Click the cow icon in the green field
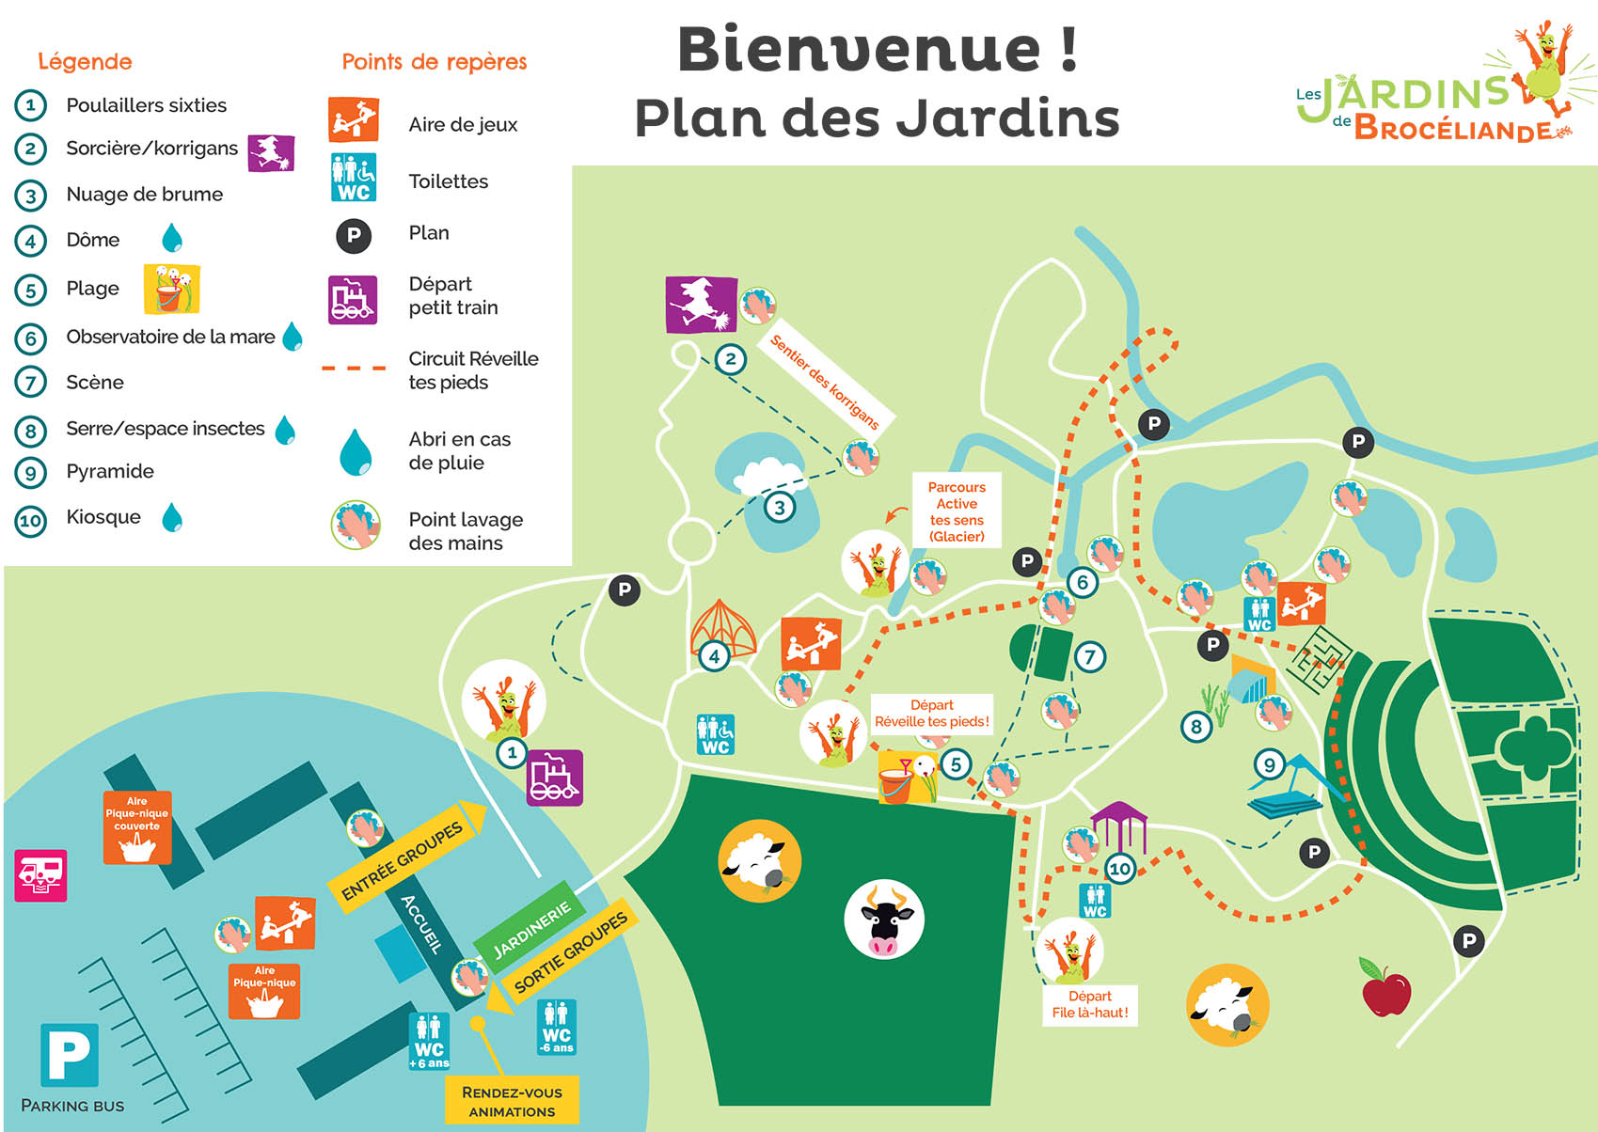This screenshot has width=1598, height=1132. click(x=884, y=919)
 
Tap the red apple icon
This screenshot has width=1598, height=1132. click(x=1385, y=987)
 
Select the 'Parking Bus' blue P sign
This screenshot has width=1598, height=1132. click(x=70, y=1055)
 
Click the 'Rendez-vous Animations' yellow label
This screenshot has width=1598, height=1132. click(x=512, y=1101)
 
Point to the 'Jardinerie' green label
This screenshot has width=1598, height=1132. click(x=530, y=929)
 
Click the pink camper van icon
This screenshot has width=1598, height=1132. click(x=40, y=875)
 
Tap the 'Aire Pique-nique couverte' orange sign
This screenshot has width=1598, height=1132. click(x=137, y=827)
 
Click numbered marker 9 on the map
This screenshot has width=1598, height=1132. click(x=1269, y=764)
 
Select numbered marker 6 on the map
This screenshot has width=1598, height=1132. click(x=1083, y=583)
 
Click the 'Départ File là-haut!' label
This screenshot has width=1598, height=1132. click(x=1090, y=1004)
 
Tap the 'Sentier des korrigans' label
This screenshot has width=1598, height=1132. click(x=824, y=382)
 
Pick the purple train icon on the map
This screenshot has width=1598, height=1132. click(x=554, y=778)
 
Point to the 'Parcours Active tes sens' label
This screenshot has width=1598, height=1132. click(x=957, y=511)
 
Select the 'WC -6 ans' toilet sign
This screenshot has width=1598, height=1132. click(x=556, y=1027)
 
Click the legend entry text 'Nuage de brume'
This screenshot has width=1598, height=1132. click(x=145, y=195)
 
